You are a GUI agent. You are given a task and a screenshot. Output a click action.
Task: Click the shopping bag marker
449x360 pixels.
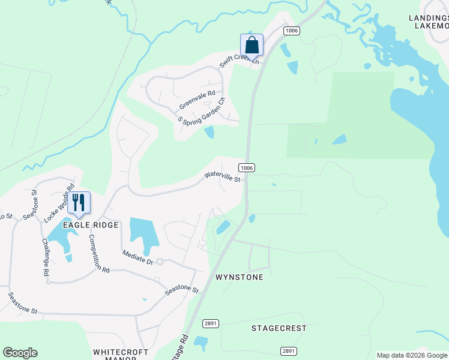click(x=252, y=45)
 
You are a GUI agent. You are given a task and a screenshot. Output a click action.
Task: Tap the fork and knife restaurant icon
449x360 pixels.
click(x=79, y=203)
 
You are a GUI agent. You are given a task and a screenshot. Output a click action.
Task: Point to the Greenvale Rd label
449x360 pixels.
click(x=197, y=100)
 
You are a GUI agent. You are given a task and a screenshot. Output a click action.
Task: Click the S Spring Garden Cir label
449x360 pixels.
click(x=201, y=110)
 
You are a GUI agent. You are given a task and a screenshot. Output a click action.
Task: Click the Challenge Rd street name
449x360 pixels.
click(x=46, y=257)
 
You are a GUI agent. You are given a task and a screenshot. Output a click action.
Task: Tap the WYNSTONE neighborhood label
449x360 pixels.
click(x=239, y=278)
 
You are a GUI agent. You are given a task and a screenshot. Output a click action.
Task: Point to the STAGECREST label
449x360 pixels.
click(x=279, y=328)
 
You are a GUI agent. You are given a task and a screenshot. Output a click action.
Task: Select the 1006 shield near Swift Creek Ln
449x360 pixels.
click(x=292, y=31)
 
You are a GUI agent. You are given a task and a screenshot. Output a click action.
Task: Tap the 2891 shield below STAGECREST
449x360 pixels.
click(x=289, y=351)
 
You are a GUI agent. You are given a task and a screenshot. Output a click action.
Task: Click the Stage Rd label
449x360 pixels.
click(x=179, y=349)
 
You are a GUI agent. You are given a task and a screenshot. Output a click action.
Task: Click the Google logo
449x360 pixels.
click(x=20, y=353)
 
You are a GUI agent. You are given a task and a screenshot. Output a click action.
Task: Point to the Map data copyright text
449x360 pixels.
click(x=412, y=355)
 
